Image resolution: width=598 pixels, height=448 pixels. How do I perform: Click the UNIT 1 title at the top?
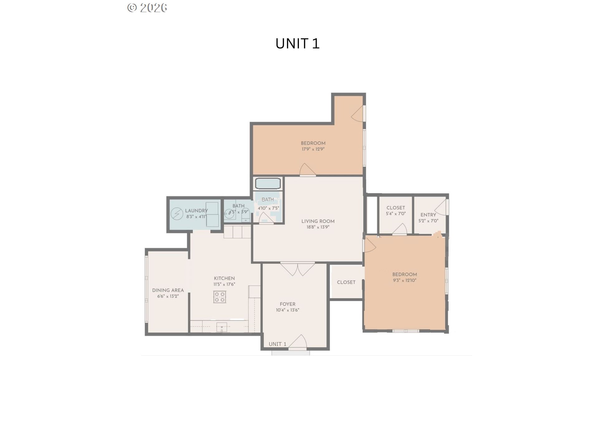[297, 44]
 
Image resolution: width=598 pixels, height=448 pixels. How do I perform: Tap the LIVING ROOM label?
[318, 221]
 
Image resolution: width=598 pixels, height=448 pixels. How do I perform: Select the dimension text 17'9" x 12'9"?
[313, 149]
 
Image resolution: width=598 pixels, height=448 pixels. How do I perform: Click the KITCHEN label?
[224, 278]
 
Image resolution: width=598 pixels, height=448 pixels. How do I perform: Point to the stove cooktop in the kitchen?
[220, 297]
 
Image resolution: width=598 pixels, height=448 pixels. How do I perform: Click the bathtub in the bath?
[268, 184]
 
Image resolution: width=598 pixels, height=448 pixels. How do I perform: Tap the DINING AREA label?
[168, 290]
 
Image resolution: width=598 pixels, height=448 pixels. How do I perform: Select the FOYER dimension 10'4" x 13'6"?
[287, 310]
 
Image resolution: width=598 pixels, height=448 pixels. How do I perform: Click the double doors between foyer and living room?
[298, 269]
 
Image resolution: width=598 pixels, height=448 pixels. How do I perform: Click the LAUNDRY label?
[196, 211]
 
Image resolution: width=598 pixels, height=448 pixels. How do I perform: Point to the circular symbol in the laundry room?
[177, 214]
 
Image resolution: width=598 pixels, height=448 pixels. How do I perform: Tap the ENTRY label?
[428, 215]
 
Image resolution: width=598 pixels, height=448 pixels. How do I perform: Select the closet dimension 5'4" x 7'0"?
[396, 214]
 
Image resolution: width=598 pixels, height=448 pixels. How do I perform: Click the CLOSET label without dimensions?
[346, 282]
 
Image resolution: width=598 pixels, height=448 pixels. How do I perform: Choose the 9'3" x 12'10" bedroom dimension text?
[405, 280]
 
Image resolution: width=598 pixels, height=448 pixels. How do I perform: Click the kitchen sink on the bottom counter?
[222, 327]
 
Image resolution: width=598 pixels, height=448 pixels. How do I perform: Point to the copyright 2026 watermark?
[147, 8]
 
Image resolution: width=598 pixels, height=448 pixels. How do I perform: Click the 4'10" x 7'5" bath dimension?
[268, 208]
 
